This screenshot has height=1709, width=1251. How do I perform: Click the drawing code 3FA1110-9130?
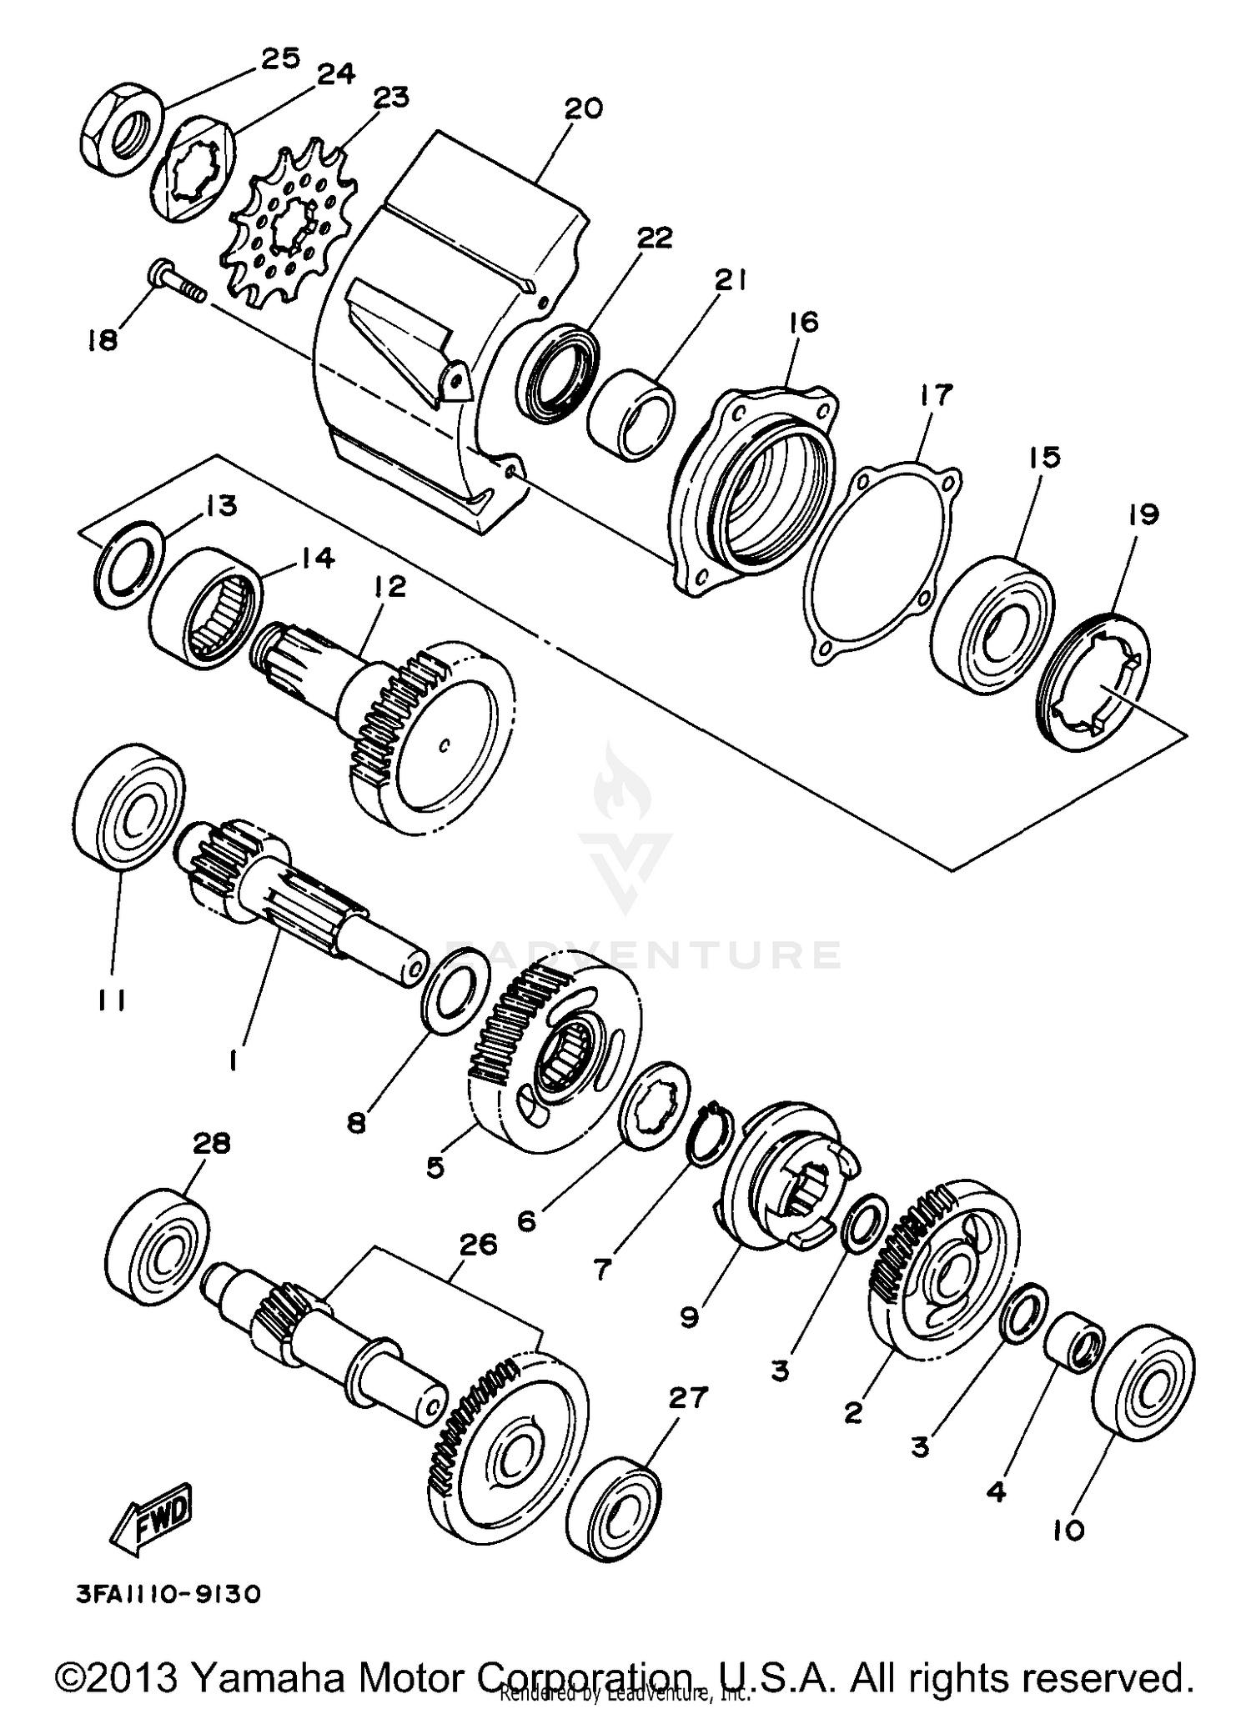coord(168,1594)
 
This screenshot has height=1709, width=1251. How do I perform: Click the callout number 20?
coord(583,109)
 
